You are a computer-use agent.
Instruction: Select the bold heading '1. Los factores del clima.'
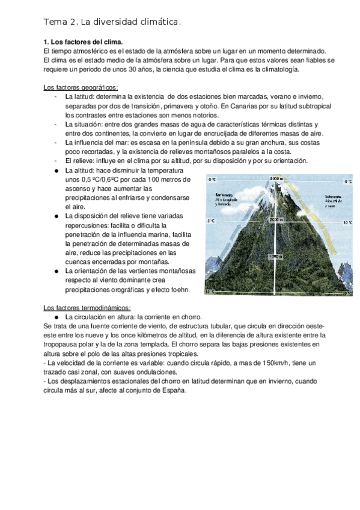tap(83, 43)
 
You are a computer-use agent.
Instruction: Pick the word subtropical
tap(307, 106)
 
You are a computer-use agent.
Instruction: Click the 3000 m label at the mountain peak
tap(276, 179)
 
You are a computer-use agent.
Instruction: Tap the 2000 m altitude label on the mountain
tap(276, 220)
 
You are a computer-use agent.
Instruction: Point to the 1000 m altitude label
tap(276, 256)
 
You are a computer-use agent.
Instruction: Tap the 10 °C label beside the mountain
tap(349, 223)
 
